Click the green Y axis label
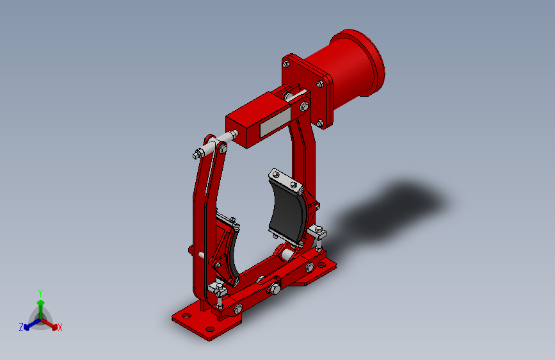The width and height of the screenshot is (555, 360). pyautogui.click(x=40, y=292)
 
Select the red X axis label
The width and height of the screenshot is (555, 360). pyautogui.click(x=60, y=327)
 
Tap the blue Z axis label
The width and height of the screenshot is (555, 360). pyautogui.click(x=21, y=327)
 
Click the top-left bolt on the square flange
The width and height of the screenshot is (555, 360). pyautogui.click(x=286, y=63)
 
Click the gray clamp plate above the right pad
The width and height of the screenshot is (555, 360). pyautogui.click(x=286, y=180)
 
